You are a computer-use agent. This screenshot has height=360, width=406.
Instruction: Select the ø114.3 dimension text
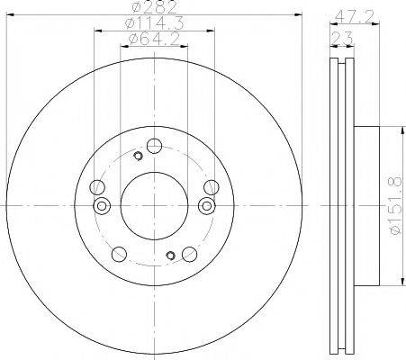click(154, 23)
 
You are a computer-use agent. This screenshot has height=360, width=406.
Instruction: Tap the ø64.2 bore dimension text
click(154, 39)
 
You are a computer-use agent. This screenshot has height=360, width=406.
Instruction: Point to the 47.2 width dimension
click(354, 17)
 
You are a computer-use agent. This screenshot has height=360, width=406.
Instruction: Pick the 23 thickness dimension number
click(342, 38)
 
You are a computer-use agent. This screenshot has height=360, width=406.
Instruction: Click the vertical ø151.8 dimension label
click(395, 206)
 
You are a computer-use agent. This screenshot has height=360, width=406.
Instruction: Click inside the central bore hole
click(154, 206)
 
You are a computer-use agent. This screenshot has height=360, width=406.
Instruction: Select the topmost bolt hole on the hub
click(154, 146)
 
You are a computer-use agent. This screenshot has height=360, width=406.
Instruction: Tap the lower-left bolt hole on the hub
click(119, 255)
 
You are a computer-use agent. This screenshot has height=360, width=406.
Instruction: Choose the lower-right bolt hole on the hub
click(190, 255)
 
